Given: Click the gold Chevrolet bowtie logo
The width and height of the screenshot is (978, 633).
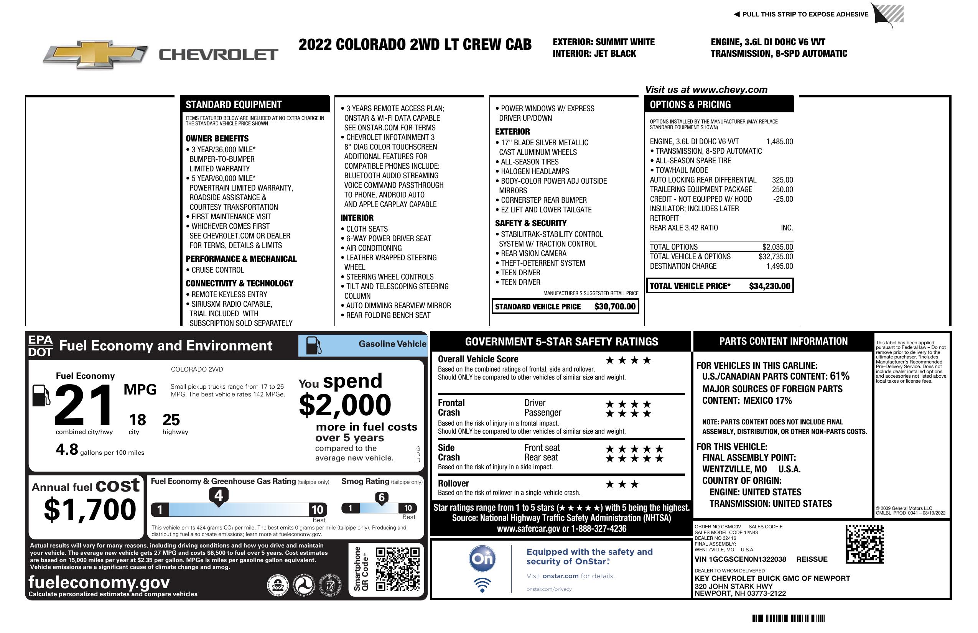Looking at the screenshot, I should pos(95,54).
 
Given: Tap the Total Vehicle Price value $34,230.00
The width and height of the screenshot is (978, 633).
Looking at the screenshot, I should pos(769,286).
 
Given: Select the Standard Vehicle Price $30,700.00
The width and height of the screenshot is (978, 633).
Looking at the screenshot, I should pos(615,306).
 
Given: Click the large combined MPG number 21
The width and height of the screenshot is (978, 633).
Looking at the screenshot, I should pos(84,405).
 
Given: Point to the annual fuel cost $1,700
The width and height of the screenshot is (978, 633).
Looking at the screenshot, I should pos(90,510).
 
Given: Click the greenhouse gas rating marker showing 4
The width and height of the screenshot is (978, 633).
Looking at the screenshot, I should pos(219,495).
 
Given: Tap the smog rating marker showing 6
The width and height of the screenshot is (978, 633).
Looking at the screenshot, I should pos(381,497).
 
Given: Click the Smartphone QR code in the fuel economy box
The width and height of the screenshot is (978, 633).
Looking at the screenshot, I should pos(397,569).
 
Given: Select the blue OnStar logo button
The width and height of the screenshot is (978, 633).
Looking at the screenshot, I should pos(482,559).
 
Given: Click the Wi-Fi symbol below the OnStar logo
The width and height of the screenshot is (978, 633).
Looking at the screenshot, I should pos(482,585).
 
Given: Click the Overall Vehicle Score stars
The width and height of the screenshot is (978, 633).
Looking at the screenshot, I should pos(628,361).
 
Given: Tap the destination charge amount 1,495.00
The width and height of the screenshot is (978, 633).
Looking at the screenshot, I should pos(779,266).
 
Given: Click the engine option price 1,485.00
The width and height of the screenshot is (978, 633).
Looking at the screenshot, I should pos(779,142).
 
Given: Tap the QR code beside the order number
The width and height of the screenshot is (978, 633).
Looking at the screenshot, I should pos(864,544).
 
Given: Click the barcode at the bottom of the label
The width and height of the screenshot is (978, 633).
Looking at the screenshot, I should pos(787,618).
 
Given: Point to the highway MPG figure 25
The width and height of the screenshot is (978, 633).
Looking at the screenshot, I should pos(171,420).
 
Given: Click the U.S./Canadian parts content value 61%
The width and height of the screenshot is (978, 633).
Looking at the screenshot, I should pos(839,376).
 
